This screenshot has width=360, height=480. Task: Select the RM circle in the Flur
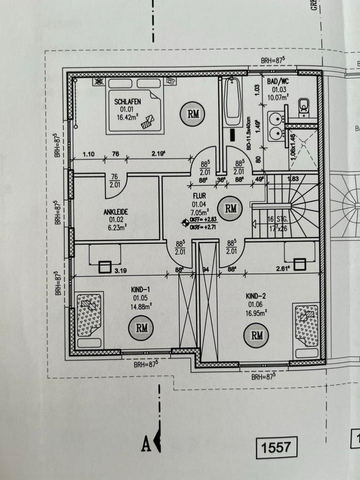(x=230, y=208)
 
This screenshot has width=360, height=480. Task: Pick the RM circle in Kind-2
(x=257, y=335)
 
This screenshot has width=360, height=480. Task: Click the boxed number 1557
(x=276, y=446)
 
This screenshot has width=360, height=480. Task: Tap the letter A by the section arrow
(x=146, y=444)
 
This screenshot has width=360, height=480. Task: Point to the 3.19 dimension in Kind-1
(x=119, y=270)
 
